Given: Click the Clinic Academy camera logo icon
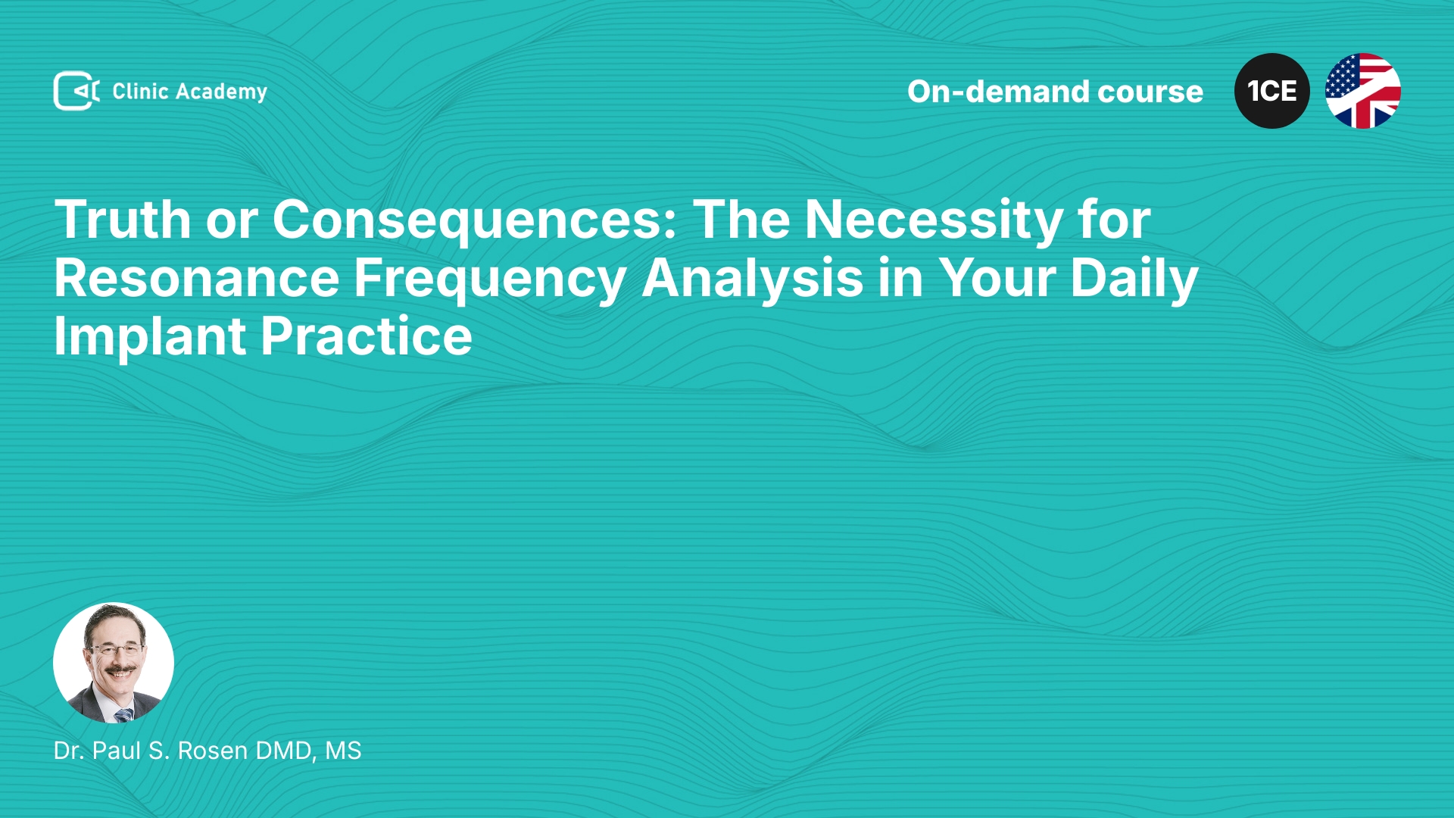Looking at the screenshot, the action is point(76,91).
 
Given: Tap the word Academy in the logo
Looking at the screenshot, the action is point(221,92).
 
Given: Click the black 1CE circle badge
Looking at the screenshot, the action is point(1272,91).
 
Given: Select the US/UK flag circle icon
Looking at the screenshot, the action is point(1363,91).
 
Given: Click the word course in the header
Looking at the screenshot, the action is point(1150,92).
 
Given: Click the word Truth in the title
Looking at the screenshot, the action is point(123,220).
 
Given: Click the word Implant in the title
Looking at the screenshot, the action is point(149,337).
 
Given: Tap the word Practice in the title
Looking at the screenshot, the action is point(367,336).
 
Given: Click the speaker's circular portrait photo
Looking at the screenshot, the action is point(114,663).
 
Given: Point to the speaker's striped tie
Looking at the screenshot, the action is point(123,714).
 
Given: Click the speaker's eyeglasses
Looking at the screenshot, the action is point(116,649).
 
